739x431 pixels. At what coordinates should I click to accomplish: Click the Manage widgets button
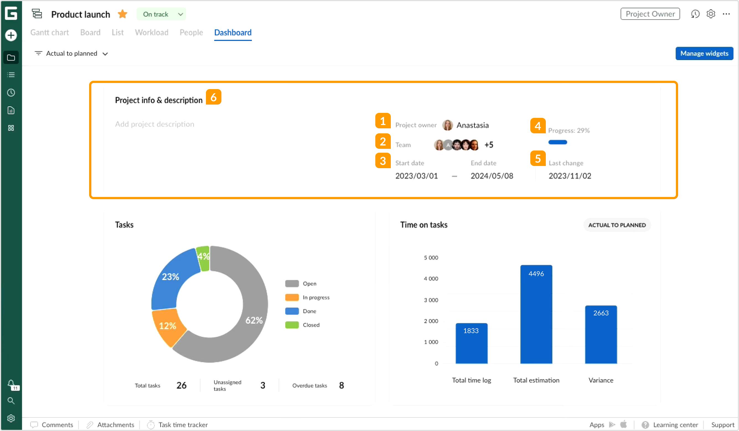pyautogui.click(x=704, y=53)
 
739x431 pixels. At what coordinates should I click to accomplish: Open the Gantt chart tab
pyautogui.click(x=50, y=32)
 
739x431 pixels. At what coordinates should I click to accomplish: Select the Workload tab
pyautogui.click(x=151, y=32)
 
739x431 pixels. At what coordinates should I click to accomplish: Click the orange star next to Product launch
pyautogui.click(x=122, y=14)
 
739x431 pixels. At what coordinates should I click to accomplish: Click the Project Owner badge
pyautogui.click(x=650, y=14)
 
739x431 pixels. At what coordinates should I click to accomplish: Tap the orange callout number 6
pyautogui.click(x=213, y=97)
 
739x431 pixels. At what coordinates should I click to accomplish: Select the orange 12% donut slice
pyautogui.click(x=168, y=326)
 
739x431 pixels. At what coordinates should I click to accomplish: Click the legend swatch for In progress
pyautogui.click(x=292, y=297)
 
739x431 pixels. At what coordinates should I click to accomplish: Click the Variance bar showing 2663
pyautogui.click(x=601, y=334)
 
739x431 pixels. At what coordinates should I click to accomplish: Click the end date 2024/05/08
pyautogui.click(x=492, y=176)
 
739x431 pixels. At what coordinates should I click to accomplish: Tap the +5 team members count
pyautogui.click(x=489, y=145)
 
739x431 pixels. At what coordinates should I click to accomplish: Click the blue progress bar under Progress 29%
pyautogui.click(x=557, y=142)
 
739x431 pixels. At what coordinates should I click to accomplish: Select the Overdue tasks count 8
pyautogui.click(x=341, y=385)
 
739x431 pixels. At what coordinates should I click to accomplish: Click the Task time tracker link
pyautogui.click(x=182, y=425)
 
